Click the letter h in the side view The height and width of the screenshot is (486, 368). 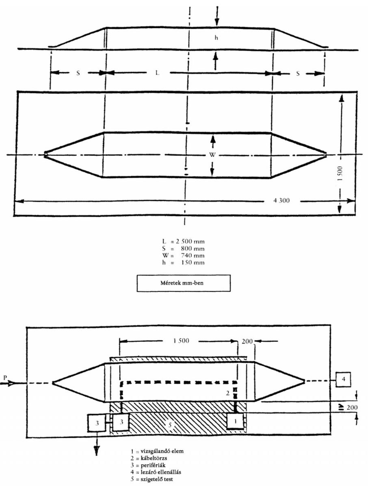tap(216, 38)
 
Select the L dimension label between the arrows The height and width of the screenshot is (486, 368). tap(158, 73)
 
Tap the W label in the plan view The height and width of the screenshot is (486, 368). tap(212, 155)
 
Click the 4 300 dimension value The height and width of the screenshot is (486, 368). tap(281, 201)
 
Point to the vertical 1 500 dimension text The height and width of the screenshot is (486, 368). tap(340, 174)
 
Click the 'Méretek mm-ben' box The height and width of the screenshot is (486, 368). tap(184, 283)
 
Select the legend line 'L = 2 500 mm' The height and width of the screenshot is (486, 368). tap(183, 242)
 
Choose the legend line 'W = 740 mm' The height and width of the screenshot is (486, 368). tap(183, 256)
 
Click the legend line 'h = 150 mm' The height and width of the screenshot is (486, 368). tap(183, 263)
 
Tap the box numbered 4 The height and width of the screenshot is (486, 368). tap(343, 379)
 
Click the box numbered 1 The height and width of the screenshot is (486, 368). tap(235, 421)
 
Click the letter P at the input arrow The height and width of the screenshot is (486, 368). tap(4, 377)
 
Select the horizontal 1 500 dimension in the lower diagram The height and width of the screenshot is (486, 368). tap(181, 341)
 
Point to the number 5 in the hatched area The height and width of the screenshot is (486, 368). tap(170, 425)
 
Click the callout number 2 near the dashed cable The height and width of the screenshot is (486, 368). tap(227, 393)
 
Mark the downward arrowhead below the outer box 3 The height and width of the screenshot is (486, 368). tap(97, 451)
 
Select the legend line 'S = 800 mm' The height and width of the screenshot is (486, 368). tap(183, 248)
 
